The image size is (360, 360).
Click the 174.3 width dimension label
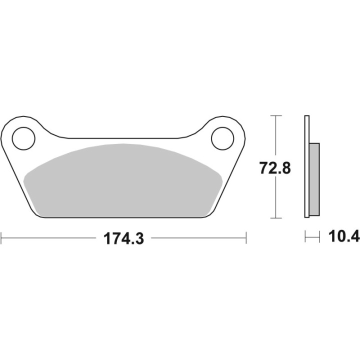point(124,238)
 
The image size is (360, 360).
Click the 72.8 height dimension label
point(275,168)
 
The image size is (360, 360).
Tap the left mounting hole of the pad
point(23,138)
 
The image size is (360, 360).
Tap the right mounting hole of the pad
point(222,138)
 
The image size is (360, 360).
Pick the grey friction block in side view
point(314,179)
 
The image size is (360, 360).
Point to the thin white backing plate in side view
point(306,166)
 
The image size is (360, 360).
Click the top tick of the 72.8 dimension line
point(275,115)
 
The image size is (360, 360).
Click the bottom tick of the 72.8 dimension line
point(275,218)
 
